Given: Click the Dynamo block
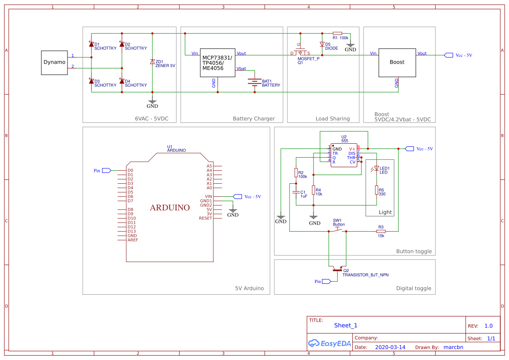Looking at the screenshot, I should tap(54, 62).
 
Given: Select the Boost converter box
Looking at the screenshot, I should tap(397, 62).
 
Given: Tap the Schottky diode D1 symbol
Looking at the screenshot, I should tap(91, 44).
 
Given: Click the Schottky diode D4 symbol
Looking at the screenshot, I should tap(122, 81).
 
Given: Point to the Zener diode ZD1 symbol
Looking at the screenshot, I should tap(152, 61).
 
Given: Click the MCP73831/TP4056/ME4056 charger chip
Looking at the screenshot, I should tap(217, 63).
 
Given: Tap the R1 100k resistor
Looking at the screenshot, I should tap(337, 33).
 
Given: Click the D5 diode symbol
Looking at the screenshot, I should tap(322, 44).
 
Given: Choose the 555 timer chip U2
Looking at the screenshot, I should tap(344, 155).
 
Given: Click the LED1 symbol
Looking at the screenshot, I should tap(377, 168).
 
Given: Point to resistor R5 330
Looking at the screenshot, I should tap(377, 190).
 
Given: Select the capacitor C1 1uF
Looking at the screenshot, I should tap(296, 192).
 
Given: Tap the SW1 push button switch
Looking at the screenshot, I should tap(337, 230).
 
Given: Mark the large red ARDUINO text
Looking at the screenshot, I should tap(170, 208).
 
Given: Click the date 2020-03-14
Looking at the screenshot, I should tap(390, 347).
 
